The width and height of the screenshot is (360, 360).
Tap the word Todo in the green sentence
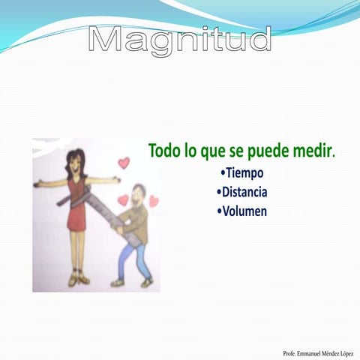tap(164, 151)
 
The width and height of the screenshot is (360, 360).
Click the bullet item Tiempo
tap(241, 173)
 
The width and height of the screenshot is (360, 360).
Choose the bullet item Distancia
tap(241, 192)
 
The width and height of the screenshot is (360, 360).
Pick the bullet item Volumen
tap(241, 211)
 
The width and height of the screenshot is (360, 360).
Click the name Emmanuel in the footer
tap(309, 352)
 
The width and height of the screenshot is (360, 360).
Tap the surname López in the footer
tap(346, 352)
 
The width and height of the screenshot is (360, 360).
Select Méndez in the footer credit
tap(329, 352)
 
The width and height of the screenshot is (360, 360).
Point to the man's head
tap(137, 196)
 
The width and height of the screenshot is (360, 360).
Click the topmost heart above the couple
tap(124, 163)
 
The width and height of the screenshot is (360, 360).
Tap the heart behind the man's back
tap(154, 201)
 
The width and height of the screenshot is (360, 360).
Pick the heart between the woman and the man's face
tap(122, 199)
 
